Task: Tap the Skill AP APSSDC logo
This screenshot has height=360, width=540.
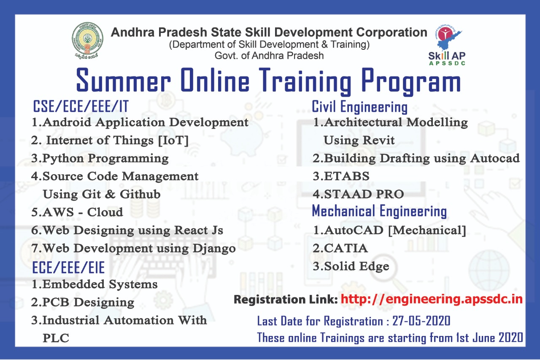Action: pos(447,46)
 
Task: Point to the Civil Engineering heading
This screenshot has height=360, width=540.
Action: pos(359,107)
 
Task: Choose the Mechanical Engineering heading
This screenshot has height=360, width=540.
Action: pos(379,211)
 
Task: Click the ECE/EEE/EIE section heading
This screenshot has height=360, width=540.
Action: pos(68,268)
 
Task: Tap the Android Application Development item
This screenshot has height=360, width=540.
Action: pos(140,122)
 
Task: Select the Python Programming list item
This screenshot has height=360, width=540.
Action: pos(100,158)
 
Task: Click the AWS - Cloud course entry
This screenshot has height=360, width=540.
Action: pos(77,212)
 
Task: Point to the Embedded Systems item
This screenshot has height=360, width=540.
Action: pos(94,284)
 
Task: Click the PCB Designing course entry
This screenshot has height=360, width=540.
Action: pos(83,302)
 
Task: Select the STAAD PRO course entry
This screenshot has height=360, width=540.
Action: pos(358,194)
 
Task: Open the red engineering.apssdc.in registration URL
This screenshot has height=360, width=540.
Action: pos(432,299)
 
